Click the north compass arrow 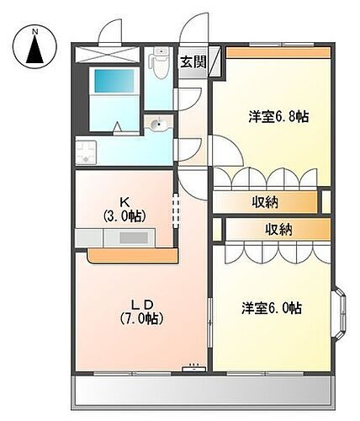34,51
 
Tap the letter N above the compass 34,32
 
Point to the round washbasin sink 157,126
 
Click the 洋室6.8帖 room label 278,117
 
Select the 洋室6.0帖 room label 274,308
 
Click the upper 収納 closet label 266,202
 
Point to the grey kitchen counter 125,237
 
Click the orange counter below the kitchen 133,254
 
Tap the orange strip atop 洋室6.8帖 278,51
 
